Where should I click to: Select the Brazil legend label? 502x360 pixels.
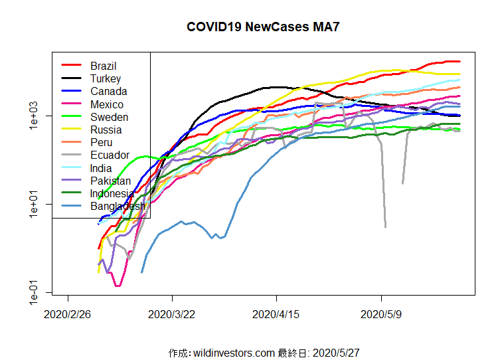click(103, 66)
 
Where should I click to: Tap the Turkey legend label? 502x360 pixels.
click(106, 78)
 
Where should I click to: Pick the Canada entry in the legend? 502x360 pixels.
click(108, 91)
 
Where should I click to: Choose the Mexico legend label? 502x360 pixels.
click(107, 104)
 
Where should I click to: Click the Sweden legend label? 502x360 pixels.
click(109, 117)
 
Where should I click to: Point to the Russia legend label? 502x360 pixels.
click(106, 130)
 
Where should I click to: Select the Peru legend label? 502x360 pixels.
click(101, 142)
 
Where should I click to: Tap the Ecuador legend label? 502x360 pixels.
click(110, 155)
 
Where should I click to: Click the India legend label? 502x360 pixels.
click(101, 168)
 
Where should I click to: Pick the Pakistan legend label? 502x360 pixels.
click(110, 181)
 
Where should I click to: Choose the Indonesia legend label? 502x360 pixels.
click(112, 193)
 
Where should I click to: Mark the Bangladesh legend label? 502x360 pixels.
click(118, 206)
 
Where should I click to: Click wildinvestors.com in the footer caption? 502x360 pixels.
click(234, 353)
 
